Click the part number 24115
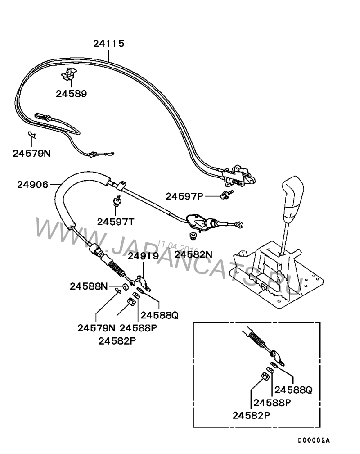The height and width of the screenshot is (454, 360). click(x=108, y=43)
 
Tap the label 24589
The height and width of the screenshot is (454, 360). click(x=71, y=94)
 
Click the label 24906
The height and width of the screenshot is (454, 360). click(x=33, y=185)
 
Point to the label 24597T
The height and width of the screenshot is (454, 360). click(x=116, y=222)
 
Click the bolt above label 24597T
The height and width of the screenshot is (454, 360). click(x=117, y=200)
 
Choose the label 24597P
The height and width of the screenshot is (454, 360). click(x=184, y=196)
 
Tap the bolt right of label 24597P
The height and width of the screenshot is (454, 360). click(x=227, y=194)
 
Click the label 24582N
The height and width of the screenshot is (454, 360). click(x=193, y=254)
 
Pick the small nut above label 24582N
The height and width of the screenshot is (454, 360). click(x=192, y=236)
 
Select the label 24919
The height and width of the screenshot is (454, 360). click(x=143, y=256)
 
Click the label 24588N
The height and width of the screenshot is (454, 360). click(x=89, y=286)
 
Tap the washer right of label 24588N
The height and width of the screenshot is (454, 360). click(x=125, y=287)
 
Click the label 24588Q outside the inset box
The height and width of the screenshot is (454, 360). click(x=159, y=315)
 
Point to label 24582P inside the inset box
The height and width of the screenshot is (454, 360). click(x=251, y=415)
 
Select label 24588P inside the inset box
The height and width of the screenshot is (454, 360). click(x=272, y=403)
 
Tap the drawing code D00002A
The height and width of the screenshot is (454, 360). click(x=314, y=440)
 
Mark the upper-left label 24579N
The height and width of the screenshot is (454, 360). click(x=31, y=153)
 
